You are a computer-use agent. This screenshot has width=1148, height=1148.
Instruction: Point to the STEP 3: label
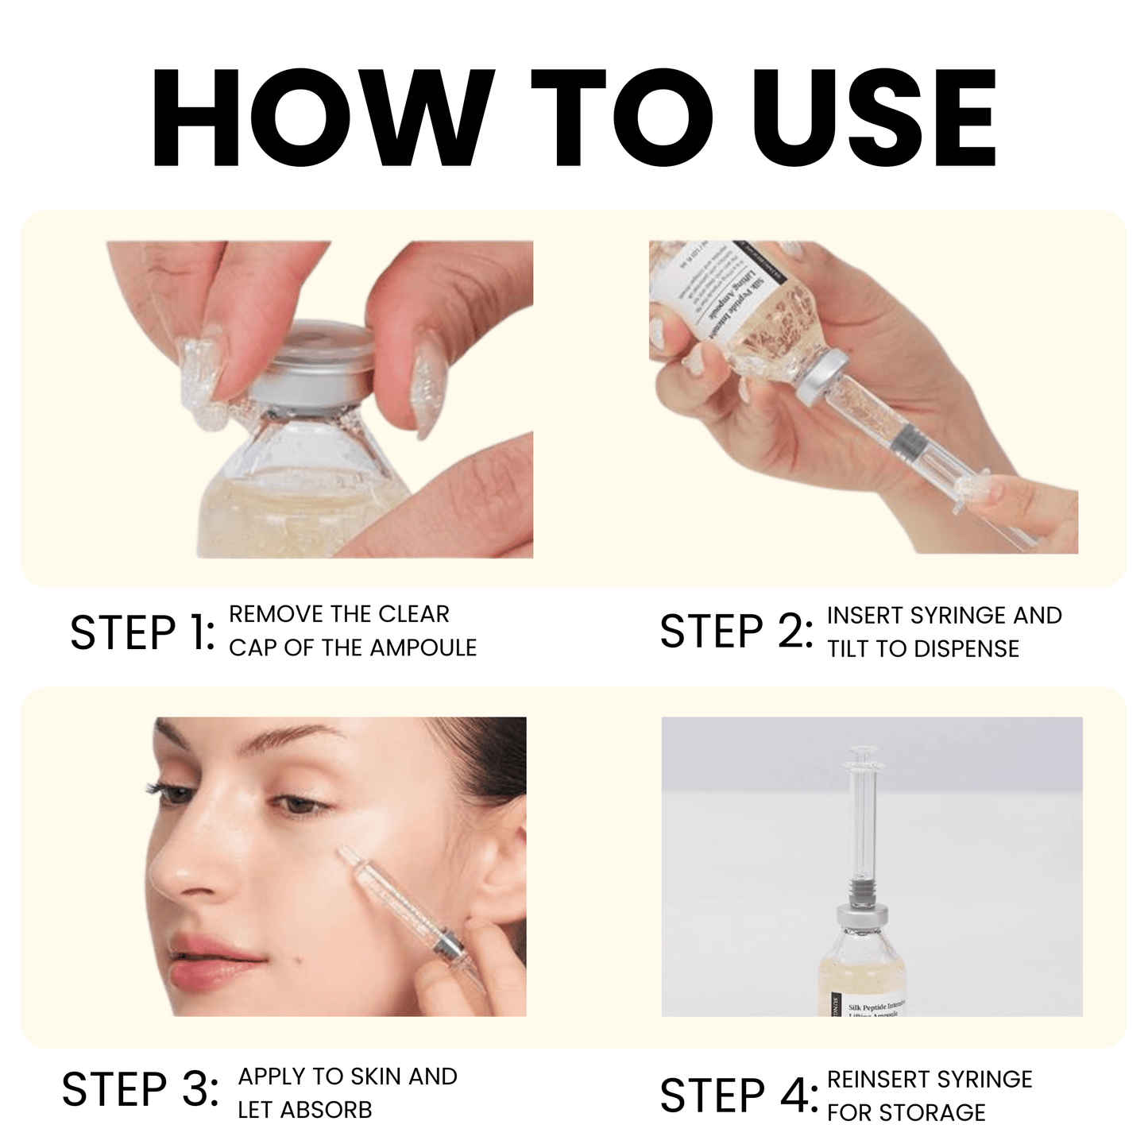(x=140, y=1089)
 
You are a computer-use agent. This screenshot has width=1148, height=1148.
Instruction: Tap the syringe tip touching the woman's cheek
(x=347, y=855)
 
